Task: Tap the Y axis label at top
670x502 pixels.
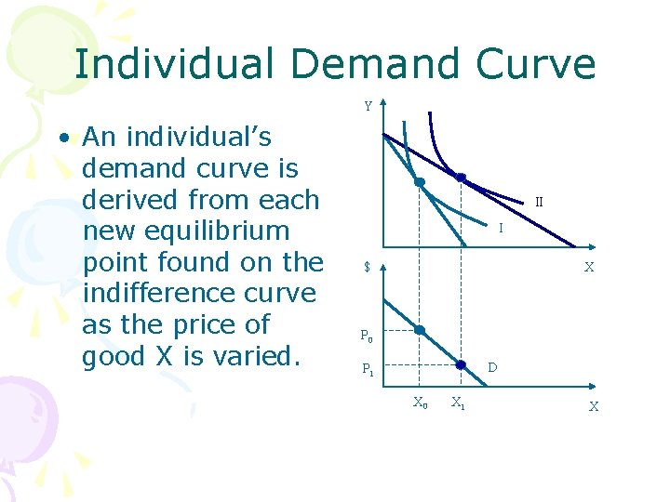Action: [x=368, y=107]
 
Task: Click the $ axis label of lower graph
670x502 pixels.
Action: [x=368, y=268]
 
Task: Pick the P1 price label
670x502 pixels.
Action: [x=368, y=368]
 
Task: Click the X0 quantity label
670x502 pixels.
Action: [x=421, y=403]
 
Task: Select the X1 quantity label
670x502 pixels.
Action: [x=459, y=403]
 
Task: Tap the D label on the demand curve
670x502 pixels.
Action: [x=492, y=368]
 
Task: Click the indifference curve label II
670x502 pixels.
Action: [x=539, y=202]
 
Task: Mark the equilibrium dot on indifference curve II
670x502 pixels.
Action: [x=460, y=177]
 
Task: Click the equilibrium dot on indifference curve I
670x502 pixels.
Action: [x=420, y=182]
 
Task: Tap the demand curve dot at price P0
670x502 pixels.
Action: [x=420, y=330]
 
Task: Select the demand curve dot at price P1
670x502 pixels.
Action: [x=460, y=365]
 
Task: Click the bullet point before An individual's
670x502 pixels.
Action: [x=63, y=139]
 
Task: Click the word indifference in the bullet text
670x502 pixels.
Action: [x=199, y=293]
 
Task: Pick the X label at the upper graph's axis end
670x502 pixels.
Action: [x=588, y=267]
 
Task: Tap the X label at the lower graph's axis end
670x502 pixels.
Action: [x=593, y=406]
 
